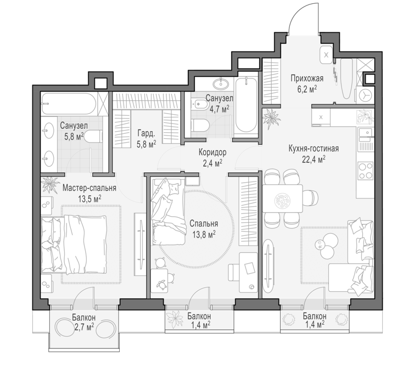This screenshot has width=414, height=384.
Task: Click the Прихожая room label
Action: point(307,78)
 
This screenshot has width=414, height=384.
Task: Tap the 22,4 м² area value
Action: point(314,160)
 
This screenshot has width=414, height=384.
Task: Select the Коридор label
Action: point(212,153)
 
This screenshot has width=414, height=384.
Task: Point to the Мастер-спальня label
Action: point(89,188)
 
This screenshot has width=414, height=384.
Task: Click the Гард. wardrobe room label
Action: point(146,134)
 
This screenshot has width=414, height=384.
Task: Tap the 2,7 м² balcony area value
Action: point(83,327)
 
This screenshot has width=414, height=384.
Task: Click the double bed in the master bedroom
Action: point(74,244)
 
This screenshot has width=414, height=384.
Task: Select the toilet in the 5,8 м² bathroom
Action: point(94,137)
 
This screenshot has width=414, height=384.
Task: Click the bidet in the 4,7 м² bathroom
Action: point(199,104)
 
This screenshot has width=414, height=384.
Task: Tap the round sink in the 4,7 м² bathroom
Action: point(221,84)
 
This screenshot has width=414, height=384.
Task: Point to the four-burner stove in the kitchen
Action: point(366,171)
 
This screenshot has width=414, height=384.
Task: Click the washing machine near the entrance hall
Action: point(365,95)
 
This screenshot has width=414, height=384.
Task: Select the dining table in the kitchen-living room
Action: point(283,199)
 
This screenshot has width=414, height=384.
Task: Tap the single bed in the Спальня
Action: point(167,212)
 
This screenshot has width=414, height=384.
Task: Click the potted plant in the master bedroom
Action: point(49,184)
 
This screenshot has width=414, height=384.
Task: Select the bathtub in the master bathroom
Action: point(69,103)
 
